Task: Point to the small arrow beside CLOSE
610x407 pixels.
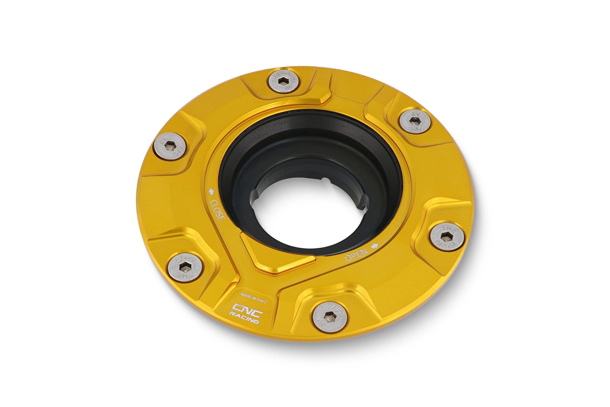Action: pyautogui.click(x=212, y=192)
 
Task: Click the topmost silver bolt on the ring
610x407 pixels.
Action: pyautogui.click(x=284, y=81)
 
